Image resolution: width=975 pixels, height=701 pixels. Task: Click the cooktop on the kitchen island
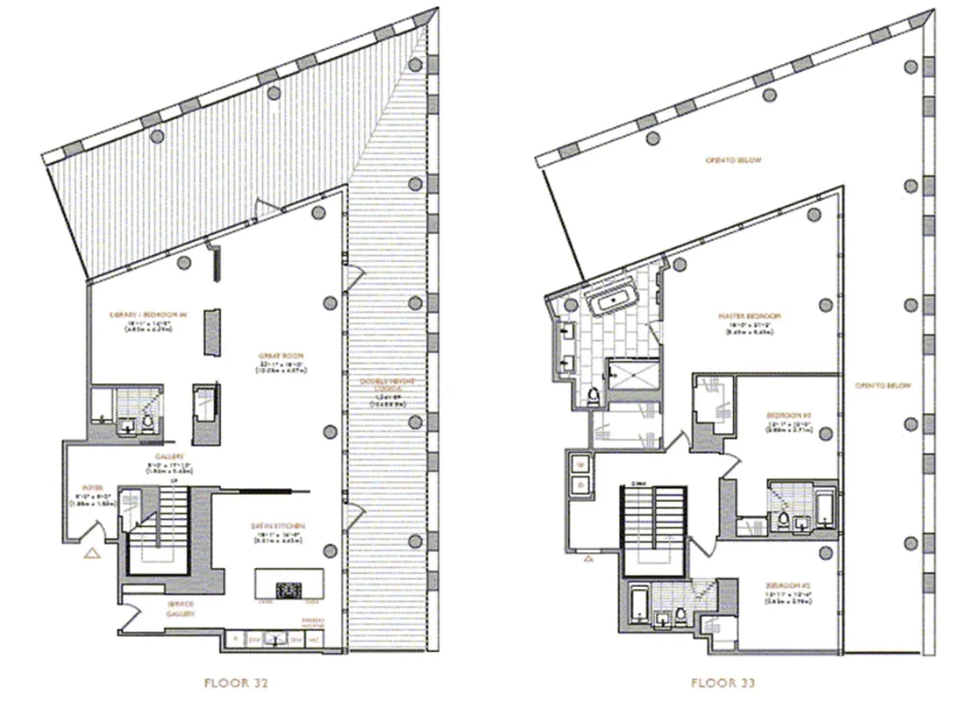click(288, 589)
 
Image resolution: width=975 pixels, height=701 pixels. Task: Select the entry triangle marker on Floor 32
click(90, 553)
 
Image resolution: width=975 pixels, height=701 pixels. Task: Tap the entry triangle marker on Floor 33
click(589, 556)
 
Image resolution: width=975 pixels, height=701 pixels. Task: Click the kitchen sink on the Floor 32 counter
click(279, 641)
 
